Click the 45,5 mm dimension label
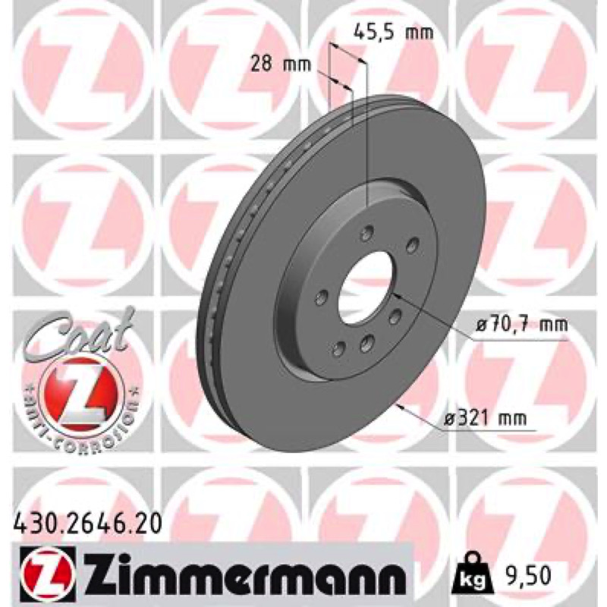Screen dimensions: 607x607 394,33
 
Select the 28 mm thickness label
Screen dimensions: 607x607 281,64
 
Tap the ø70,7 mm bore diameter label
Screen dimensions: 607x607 522,325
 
